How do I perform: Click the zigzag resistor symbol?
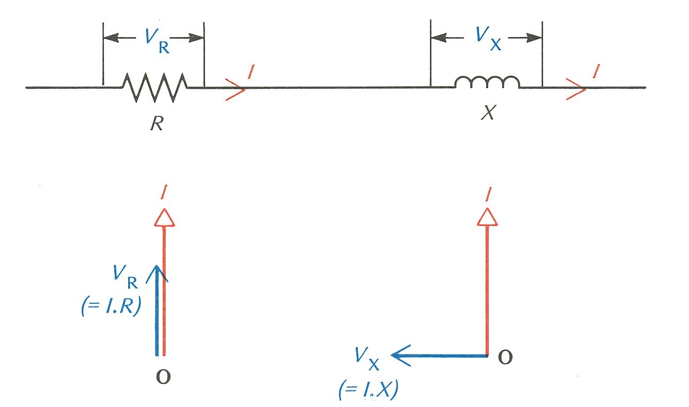pos(155,87)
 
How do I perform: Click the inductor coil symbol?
pos(487,83)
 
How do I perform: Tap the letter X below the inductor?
pos(487,113)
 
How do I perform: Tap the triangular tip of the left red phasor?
pos(164,216)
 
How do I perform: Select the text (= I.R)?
pos(111,307)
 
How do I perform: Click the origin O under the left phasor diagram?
pos(164,376)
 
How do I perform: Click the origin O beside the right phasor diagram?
pos(505,357)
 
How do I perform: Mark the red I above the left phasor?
pos(164,195)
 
